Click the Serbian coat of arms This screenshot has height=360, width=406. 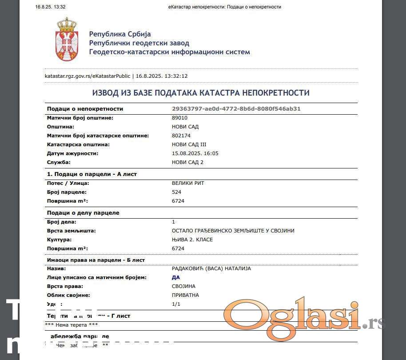click(x=67, y=40)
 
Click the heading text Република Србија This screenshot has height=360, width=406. click(x=120, y=34)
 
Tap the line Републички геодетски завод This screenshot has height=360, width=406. click(x=139, y=43)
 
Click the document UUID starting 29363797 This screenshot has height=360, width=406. click(x=236, y=109)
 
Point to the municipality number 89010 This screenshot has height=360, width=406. click(x=179, y=118)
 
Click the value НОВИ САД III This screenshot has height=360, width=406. click(x=189, y=144)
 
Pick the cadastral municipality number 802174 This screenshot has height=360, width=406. click(x=181, y=136)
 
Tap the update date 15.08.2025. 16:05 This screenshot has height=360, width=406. click(x=195, y=153)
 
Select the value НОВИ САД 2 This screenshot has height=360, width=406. click(x=188, y=162)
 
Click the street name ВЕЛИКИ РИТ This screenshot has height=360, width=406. click(x=188, y=183)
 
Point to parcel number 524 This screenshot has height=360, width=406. click(x=176, y=192)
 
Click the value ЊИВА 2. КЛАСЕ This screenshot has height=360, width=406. click(x=192, y=240)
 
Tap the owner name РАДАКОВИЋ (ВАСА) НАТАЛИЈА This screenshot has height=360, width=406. click(x=211, y=268)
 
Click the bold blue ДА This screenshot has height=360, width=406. click(x=176, y=277)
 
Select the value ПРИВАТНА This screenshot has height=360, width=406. click(x=185, y=295)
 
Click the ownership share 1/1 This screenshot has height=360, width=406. click(x=176, y=304)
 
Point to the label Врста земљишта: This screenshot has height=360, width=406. click(x=71, y=231)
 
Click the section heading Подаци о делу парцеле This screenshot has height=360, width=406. click(x=83, y=213)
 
